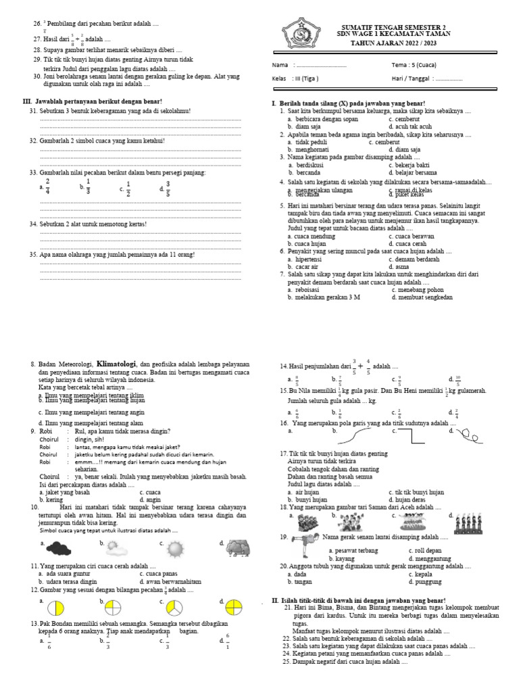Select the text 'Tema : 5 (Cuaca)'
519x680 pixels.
click(413, 66)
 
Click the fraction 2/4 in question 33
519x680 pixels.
click(48, 186)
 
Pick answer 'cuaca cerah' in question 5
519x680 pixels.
click(407, 243)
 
